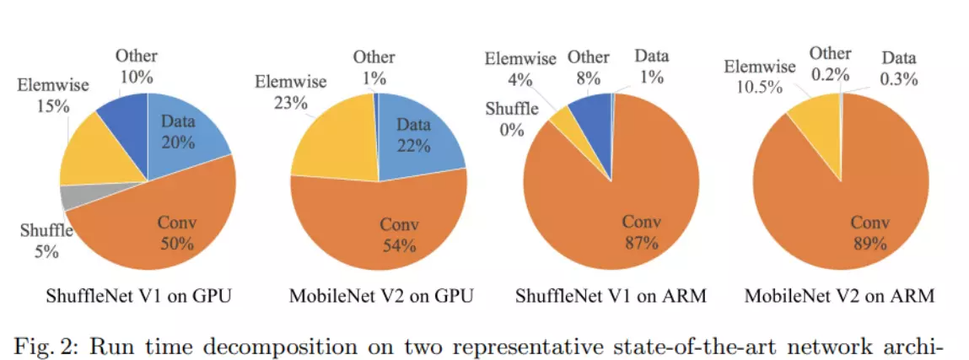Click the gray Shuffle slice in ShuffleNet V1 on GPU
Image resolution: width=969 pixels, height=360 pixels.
point(74,197)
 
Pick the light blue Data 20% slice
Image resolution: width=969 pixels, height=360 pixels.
point(182,135)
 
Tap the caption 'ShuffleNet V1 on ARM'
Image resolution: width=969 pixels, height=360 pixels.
point(611,296)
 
